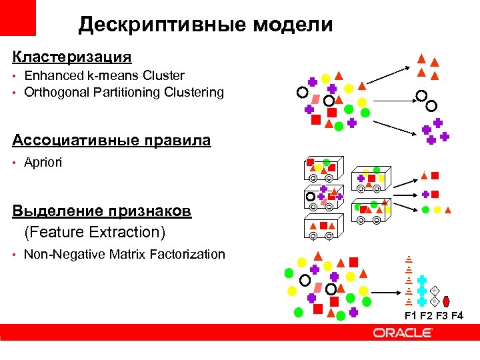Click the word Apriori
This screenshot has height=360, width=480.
pyautogui.click(x=43, y=162)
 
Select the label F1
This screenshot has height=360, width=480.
pyautogui.click(x=410, y=315)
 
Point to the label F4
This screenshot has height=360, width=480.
pyautogui.click(x=457, y=315)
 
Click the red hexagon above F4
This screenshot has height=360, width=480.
pyautogui.click(x=447, y=301)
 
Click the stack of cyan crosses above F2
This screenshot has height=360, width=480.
pyautogui.click(x=422, y=291)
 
